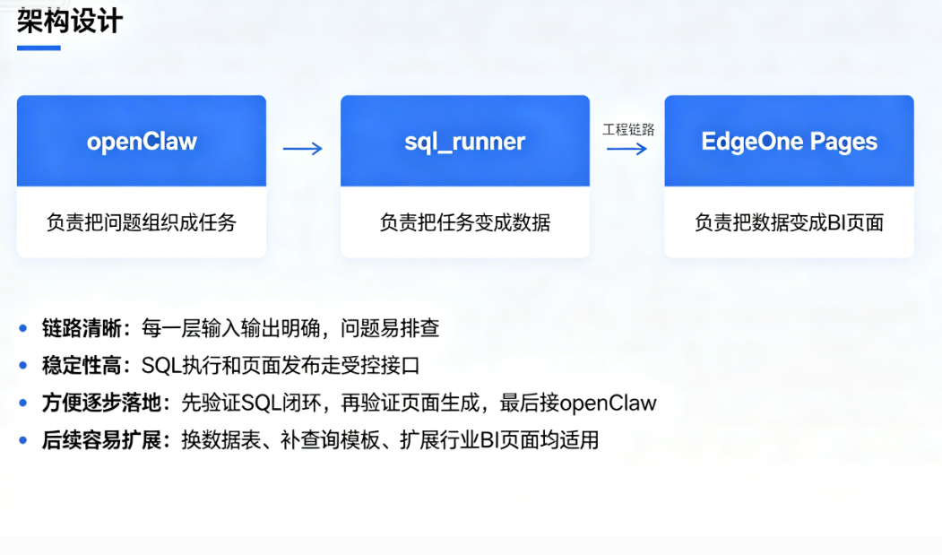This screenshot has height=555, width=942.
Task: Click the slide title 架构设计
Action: [69, 21]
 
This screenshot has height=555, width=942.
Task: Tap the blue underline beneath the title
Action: [39, 48]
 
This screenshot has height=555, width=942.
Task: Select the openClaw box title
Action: [142, 142]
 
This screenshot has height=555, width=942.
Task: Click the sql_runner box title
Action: [464, 142]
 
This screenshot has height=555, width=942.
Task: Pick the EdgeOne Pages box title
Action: [789, 142]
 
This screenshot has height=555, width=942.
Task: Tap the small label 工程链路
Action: [627, 130]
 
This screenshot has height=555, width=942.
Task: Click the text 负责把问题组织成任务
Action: [142, 222]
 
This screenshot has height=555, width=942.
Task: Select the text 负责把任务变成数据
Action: [464, 222]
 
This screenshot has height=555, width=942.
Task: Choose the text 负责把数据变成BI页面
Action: [789, 222]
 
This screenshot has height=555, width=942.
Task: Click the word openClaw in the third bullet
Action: [609, 403]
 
